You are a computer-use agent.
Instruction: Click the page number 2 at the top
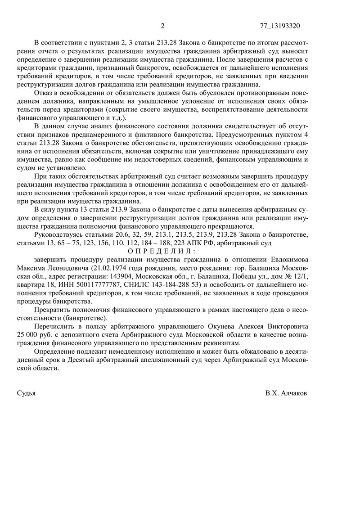162,26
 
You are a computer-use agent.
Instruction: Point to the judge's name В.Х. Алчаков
286,393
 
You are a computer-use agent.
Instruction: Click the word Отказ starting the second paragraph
44,92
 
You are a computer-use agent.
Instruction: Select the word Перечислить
55,324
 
